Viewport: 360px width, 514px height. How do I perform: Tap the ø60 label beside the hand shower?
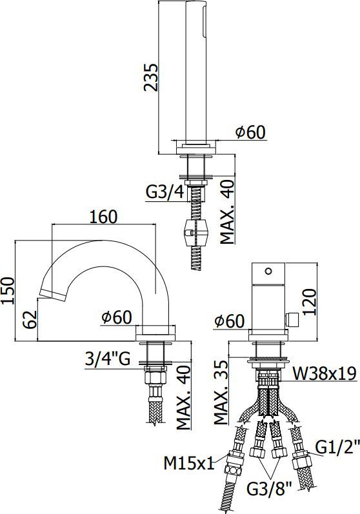click(250, 132)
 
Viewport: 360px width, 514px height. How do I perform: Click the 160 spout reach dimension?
click(104, 217)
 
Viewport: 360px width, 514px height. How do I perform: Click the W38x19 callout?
click(324, 373)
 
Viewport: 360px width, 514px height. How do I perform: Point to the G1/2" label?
click(332, 446)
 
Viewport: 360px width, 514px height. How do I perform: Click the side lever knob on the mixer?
click(292, 319)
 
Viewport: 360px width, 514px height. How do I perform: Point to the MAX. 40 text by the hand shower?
click(226, 213)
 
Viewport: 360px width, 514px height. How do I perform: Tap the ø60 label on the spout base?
click(116, 317)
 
